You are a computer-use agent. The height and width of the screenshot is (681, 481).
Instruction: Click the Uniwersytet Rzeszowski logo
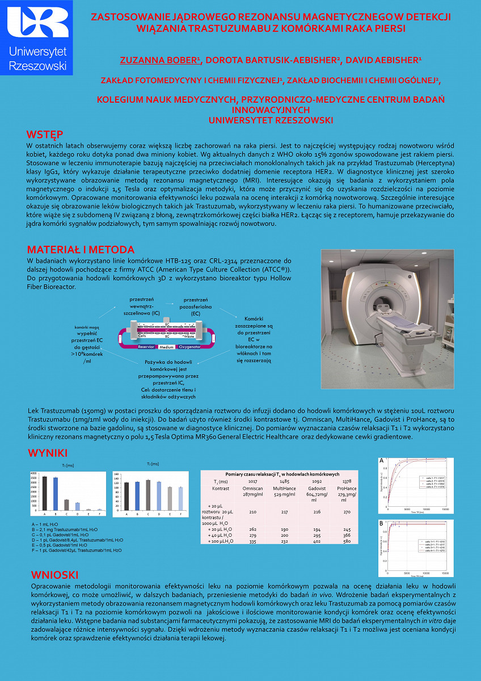point(37,38)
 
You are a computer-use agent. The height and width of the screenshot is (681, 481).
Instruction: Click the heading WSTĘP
point(45,134)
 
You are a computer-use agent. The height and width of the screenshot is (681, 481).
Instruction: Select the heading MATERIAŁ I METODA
point(81,250)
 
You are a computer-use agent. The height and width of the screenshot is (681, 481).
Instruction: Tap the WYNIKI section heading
point(48,453)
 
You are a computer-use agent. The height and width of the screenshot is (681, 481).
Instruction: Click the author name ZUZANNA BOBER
point(159,60)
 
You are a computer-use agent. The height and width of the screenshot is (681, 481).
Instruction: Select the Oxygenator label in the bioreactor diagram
point(189,346)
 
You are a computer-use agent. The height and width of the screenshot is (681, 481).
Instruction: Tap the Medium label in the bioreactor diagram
point(166,346)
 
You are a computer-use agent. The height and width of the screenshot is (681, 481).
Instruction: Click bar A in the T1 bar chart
point(45,493)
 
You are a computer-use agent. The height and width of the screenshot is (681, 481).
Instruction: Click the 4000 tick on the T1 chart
point(33,473)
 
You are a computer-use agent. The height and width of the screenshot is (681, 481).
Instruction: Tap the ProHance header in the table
point(347,488)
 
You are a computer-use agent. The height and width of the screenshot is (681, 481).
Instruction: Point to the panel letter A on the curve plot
point(381,460)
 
